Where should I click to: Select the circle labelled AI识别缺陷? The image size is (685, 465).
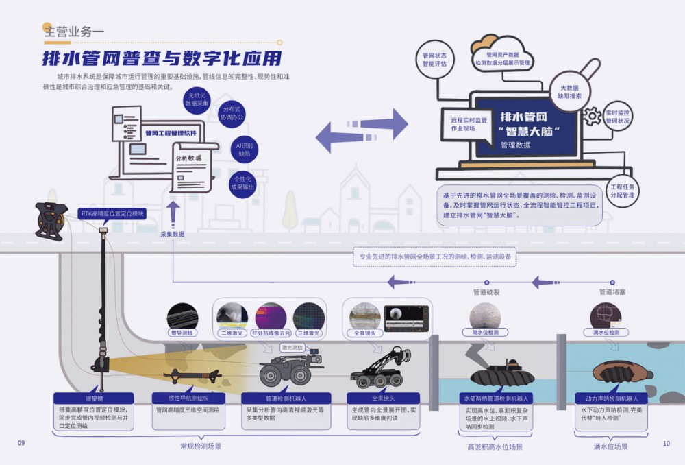[245, 150]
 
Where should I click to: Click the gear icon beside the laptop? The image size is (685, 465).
[591, 116]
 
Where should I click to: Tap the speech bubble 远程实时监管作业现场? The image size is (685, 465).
[464, 124]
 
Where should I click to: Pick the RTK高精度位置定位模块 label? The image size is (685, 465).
[112, 213]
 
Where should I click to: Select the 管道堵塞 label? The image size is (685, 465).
[612, 292]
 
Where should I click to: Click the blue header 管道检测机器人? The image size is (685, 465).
[286, 398]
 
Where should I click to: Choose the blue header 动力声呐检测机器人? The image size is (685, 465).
[611, 398]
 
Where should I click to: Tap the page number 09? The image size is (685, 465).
[21, 443]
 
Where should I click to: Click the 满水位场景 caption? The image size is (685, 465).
[610, 446]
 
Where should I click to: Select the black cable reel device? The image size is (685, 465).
[51, 219]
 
